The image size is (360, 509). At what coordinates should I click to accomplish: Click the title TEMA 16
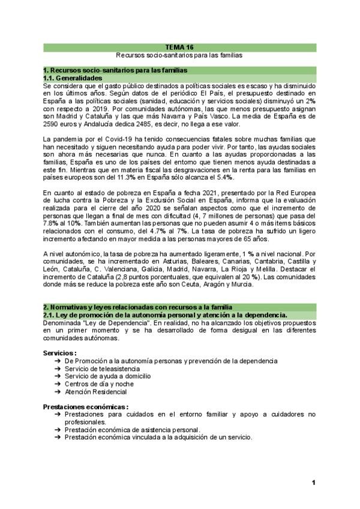point(179,46)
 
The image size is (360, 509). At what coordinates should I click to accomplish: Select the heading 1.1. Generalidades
point(73,79)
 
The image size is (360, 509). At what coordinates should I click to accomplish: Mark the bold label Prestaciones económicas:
point(86,406)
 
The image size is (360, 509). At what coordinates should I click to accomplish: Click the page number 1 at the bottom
point(313,483)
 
